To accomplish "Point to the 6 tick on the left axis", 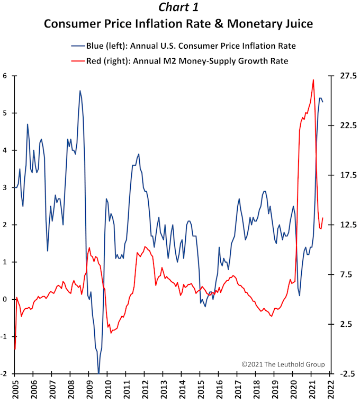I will (5, 76).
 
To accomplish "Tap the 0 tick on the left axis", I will (5, 299).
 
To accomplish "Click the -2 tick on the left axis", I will (4, 374).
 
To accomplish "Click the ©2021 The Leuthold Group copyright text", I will (283, 364).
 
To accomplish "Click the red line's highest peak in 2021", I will (313, 79).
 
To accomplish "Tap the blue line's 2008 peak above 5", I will (80, 91).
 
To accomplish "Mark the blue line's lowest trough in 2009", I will (99, 373).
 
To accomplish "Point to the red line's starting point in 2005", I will (15, 349).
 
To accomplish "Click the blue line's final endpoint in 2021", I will (323, 101).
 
